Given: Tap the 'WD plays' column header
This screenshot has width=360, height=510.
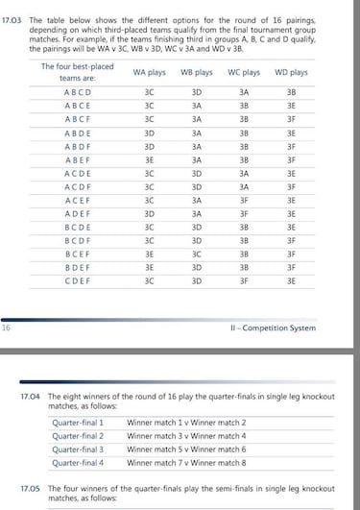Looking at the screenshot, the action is point(292,72).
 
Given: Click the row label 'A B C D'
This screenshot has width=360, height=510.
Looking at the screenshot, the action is point(79,93).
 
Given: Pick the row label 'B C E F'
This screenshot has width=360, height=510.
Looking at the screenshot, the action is point(79,255).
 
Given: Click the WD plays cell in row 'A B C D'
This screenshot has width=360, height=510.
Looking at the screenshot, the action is point(292,93).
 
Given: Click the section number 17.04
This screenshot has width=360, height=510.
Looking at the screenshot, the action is point(33,397).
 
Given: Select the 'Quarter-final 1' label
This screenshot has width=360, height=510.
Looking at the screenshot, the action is point(78,422).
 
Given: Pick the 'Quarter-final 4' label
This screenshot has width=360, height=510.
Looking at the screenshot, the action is point(78,461).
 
